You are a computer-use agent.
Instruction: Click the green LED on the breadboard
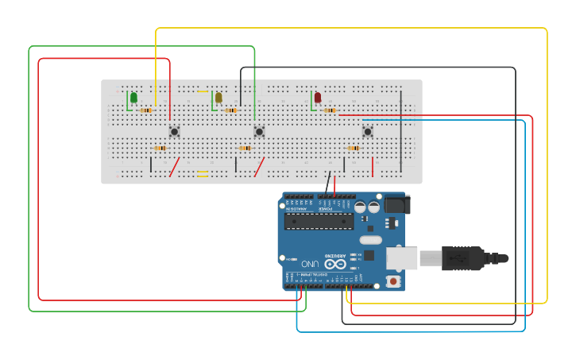pos(133,97)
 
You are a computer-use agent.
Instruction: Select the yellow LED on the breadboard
pos(218,97)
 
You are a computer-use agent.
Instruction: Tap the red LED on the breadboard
pos(318,97)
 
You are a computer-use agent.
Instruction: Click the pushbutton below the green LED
pos(174,131)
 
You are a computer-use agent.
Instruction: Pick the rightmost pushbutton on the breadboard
pos(367,131)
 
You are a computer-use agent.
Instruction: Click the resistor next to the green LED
pos(146,110)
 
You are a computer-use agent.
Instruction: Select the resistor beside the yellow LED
pos(231,110)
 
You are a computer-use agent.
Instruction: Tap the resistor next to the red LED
pos(330,110)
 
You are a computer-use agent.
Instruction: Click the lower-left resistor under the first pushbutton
pos(160,148)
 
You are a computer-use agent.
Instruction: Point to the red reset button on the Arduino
pos(392,281)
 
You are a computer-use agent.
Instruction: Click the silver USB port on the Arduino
pos(402,258)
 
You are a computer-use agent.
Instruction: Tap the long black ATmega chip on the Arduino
pos(319,221)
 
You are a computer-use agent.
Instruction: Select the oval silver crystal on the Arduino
pos(370,239)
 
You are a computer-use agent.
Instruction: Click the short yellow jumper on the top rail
pos(203,91)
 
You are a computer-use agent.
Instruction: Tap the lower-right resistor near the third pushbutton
pos(354,148)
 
